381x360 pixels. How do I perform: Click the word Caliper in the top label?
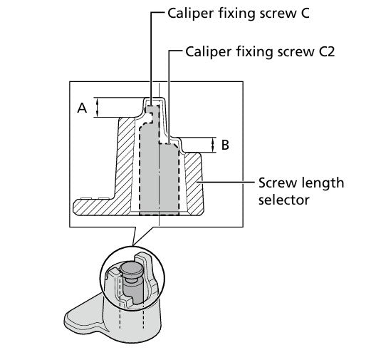[189, 12]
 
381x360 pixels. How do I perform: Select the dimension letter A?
[82, 108]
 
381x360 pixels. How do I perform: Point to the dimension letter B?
[225, 145]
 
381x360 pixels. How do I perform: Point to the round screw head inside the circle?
[132, 269]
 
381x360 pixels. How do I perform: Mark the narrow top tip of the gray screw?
[151, 109]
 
